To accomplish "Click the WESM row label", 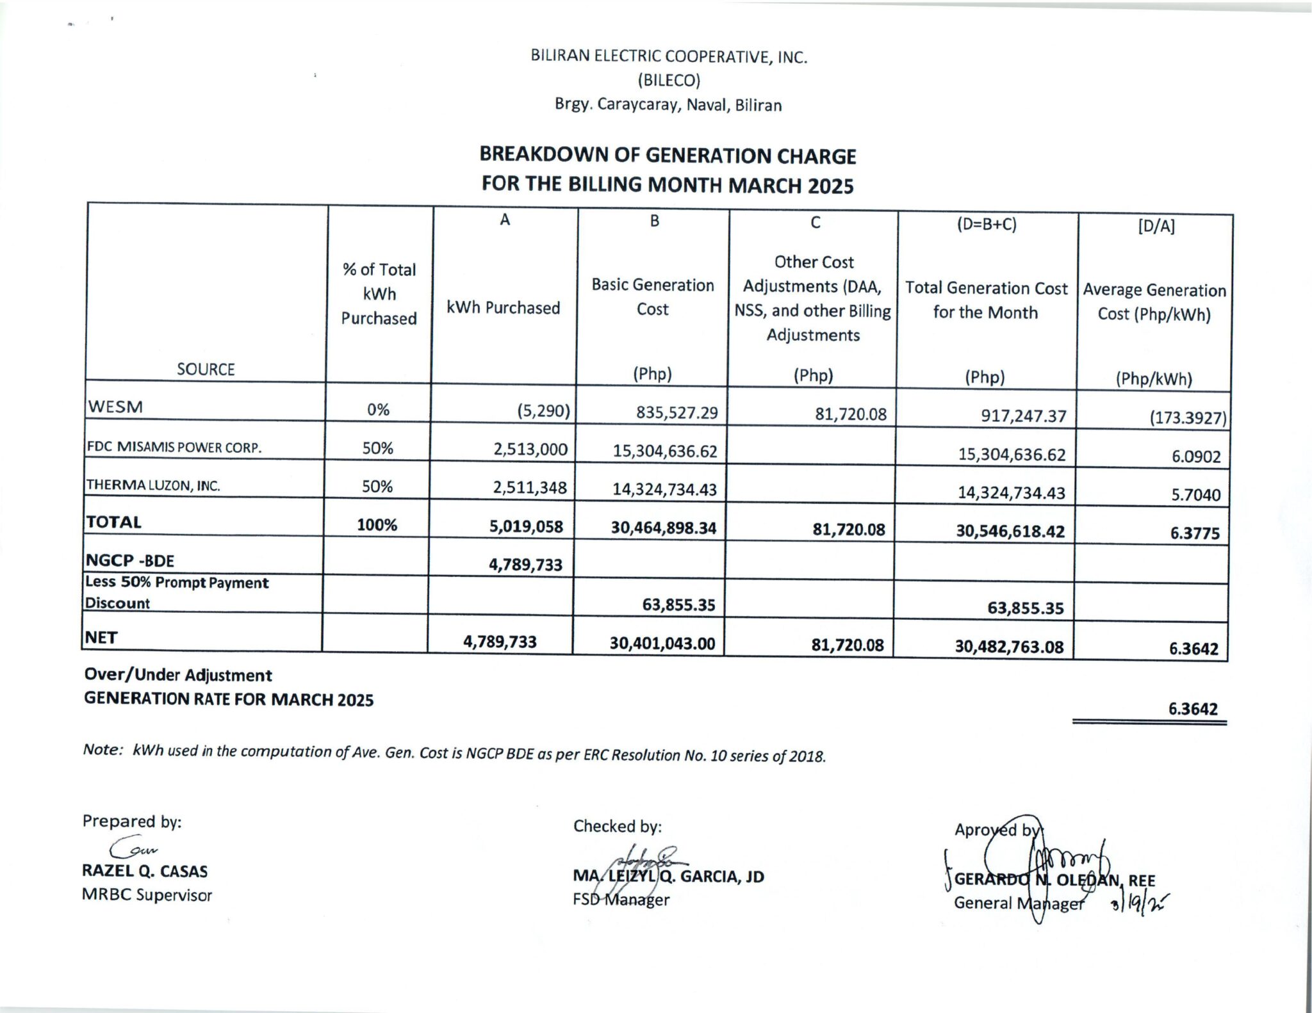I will [x=116, y=407].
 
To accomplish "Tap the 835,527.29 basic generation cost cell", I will [x=676, y=412].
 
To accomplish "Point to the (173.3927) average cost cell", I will [x=1187, y=419].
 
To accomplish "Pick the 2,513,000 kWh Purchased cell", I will [x=530, y=450].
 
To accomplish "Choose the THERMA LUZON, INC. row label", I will [x=153, y=485].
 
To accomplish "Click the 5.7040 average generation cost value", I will [x=1195, y=495].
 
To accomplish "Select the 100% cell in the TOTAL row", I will [x=377, y=525].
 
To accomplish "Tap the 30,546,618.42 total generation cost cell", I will [x=1010, y=531].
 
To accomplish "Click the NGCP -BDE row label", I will [x=130, y=561].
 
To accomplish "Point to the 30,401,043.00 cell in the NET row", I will [x=662, y=644].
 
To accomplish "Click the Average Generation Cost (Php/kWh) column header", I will [x=1154, y=302].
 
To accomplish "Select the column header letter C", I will [x=815, y=222].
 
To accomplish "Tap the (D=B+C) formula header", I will [x=987, y=225].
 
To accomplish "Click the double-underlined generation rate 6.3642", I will [x=1192, y=709].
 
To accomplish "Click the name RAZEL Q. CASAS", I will [x=145, y=871].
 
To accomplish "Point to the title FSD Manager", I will [x=621, y=900].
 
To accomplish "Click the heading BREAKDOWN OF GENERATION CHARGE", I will [x=668, y=156].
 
